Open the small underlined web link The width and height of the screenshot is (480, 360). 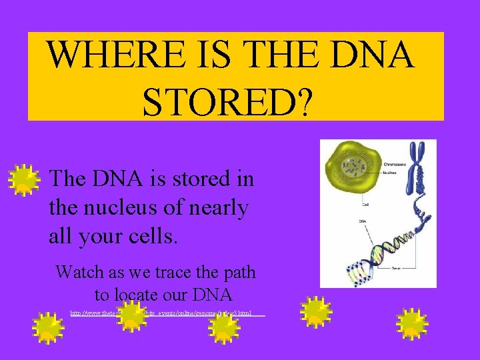pyautogui.click(x=167, y=312)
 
